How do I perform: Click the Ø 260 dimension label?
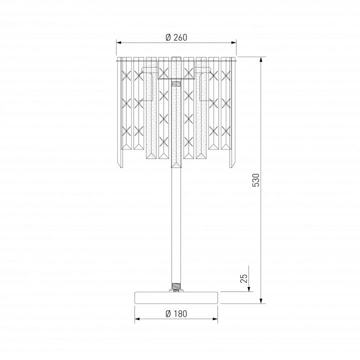coord(176,37)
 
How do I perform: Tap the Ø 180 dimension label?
coord(176,314)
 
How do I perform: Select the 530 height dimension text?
coord(256,180)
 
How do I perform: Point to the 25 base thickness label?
coord(244,278)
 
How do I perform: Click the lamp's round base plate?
coord(176,297)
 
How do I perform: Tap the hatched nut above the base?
coord(176,286)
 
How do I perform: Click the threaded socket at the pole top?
coord(176,82)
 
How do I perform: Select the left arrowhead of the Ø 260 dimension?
coord(118,42)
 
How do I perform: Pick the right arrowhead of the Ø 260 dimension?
coord(233,42)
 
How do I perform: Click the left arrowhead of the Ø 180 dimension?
coord(137,319)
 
